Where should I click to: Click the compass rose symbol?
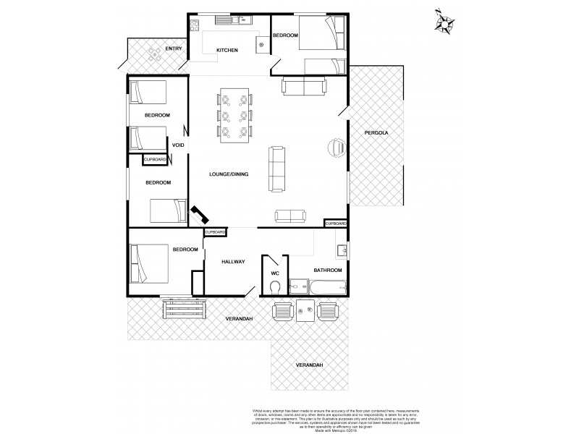point(444,22)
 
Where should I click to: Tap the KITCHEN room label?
point(227,50)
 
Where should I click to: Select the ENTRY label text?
point(174,48)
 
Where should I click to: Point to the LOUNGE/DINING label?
point(229,174)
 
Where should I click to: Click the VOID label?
point(178,145)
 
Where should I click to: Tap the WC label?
point(274,273)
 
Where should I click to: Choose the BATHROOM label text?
point(327,270)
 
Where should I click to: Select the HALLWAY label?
point(233,261)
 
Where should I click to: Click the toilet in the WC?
point(274,288)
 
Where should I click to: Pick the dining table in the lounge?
point(234,114)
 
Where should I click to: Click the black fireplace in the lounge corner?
point(199,215)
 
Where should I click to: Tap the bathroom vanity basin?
point(342,250)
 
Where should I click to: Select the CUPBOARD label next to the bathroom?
point(335,224)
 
